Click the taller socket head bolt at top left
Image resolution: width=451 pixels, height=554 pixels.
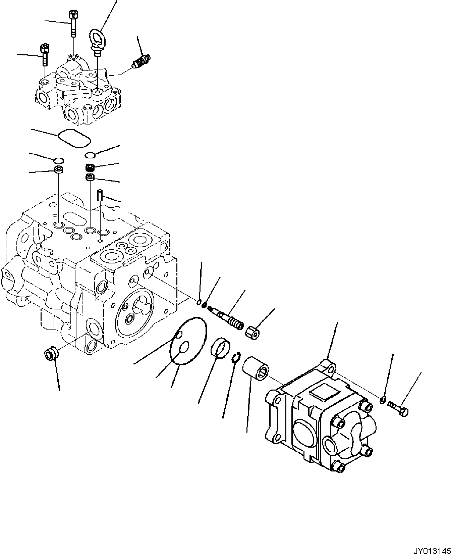click(73, 23)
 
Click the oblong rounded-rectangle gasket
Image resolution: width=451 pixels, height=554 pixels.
click(74, 138)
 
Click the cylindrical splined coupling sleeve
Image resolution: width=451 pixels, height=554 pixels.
click(255, 369)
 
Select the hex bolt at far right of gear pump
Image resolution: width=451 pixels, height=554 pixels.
click(398, 407)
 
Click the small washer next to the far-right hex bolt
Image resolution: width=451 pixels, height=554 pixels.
click(383, 400)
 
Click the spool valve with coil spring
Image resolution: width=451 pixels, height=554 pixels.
click(226, 318)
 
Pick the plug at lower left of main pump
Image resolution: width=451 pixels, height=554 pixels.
click(51, 354)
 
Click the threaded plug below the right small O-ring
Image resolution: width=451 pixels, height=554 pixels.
click(90, 167)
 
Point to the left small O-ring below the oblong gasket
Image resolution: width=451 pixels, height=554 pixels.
click(58, 159)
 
